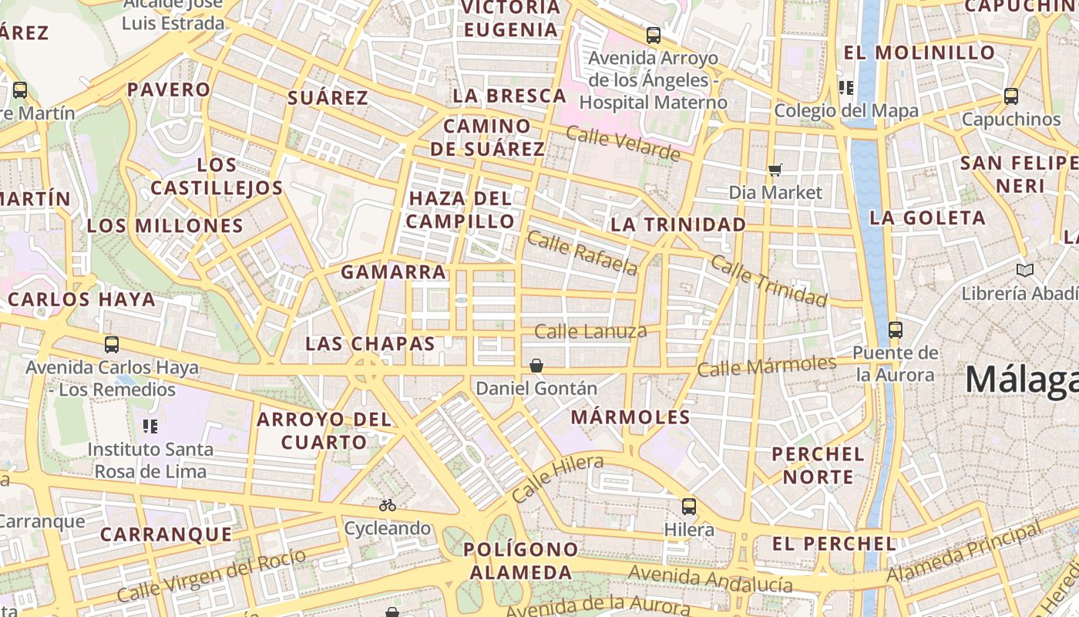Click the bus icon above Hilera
688,507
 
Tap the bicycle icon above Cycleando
388,505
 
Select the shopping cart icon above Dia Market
775,170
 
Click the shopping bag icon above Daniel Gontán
536,365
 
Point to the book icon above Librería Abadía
1024,270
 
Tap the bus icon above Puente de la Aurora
895,330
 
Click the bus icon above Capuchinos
1011,96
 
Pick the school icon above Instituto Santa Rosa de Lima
150,426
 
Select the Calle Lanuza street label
590,332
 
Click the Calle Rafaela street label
583,253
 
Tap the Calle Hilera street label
557,478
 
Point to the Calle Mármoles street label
766,366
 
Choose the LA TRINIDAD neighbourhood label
678,224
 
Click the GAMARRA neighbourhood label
393,272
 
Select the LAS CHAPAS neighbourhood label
370,344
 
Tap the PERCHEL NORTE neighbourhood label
818,465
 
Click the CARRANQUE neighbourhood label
166,534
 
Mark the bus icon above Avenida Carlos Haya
112,345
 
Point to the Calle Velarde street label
623,143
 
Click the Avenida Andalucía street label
711,578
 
